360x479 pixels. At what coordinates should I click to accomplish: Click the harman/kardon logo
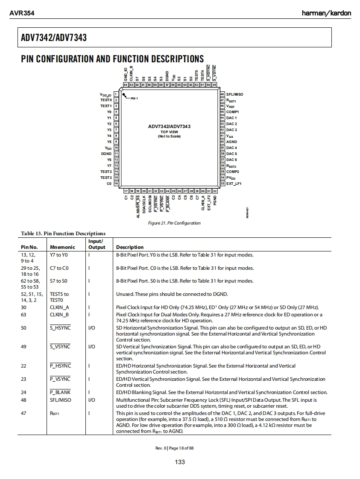click(326, 13)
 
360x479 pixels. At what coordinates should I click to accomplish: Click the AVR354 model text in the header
click(22, 13)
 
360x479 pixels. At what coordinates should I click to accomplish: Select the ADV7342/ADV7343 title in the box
click(54, 38)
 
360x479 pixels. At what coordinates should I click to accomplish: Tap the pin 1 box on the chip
click(116, 94)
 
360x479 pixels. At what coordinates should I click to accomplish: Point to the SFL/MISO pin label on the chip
click(234, 94)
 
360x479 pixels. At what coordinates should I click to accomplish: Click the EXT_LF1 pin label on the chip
click(234, 184)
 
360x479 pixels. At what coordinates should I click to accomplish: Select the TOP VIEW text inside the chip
click(170, 132)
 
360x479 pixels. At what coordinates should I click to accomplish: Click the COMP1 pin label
click(232, 112)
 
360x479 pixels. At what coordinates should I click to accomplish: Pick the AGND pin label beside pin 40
click(231, 142)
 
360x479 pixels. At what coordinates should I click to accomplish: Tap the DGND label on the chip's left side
click(106, 154)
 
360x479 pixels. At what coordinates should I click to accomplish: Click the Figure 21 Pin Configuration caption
click(174, 223)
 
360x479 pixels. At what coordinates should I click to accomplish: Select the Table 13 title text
click(63, 233)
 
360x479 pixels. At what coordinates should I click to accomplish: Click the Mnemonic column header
click(62, 247)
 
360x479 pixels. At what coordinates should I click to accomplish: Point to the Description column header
click(130, 247)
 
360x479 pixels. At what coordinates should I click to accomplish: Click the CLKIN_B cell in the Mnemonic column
click(59, 315)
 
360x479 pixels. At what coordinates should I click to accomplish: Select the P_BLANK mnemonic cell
click(60, 392)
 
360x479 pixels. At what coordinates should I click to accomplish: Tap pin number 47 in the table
click(23, 413)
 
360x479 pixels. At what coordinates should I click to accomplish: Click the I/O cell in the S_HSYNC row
click(91, 328)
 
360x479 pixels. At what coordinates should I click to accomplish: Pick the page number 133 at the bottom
click(180, 462)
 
